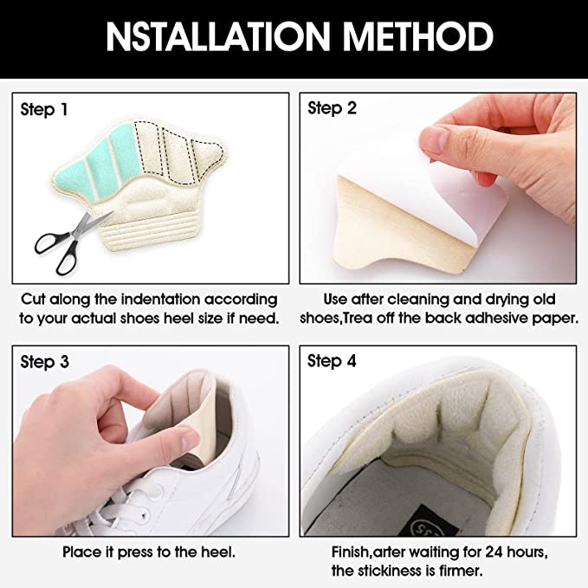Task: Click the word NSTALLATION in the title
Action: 218,36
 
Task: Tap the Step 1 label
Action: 44,109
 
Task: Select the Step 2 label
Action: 332,108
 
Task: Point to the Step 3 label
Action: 45,362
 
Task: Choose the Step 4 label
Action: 332,361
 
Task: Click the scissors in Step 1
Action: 71,242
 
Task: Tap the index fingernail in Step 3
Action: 189,439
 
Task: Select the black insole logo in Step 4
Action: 431,522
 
